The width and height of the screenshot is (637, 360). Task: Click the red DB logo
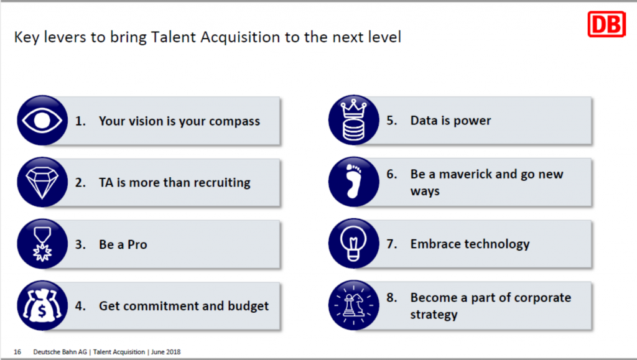click(607, 24)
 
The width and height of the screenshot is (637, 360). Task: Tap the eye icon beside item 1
click(42, 120)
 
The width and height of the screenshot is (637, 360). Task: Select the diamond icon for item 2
click(42, 182)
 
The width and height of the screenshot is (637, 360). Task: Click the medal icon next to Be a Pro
click(42, 244)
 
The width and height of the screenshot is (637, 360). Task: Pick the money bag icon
click(42, 305)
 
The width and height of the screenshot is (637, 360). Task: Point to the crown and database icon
click(354, 120)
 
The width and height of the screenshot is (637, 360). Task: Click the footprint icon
click(354, 182)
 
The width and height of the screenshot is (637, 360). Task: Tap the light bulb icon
click(354, 244)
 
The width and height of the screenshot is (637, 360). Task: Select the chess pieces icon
click(354, 305)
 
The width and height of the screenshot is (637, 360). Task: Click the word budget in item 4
click(248, 306)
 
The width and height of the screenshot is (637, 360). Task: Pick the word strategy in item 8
click(434, 315)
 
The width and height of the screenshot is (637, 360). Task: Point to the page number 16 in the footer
click(17, 352)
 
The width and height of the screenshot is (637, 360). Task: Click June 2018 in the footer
click(165, 352)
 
